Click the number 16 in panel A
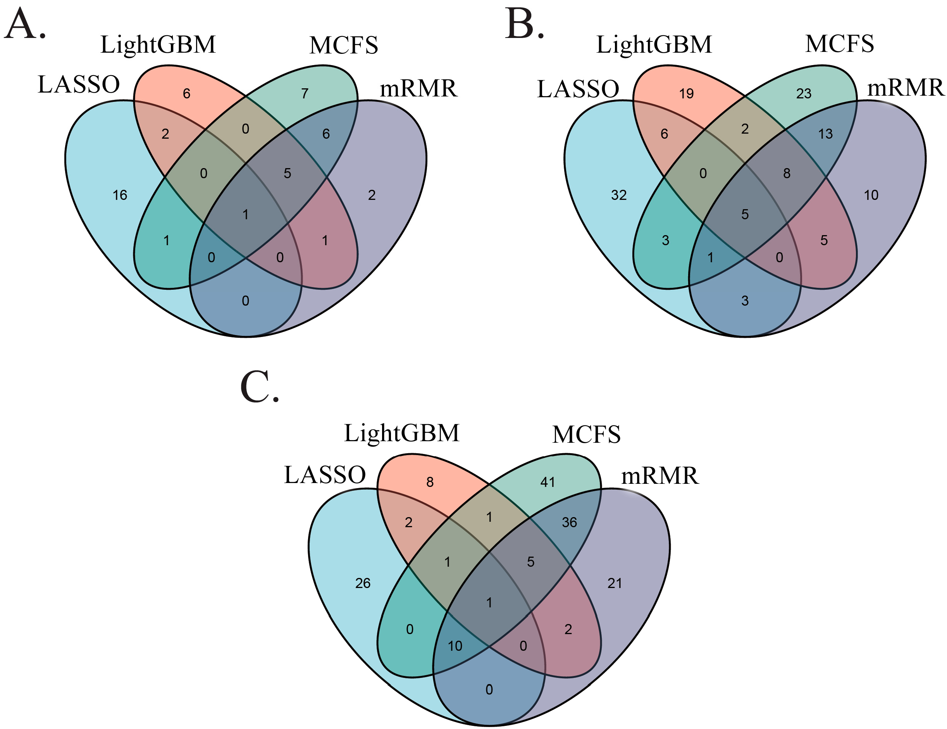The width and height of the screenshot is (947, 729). point(120,196)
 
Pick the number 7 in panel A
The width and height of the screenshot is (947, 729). point(305,94)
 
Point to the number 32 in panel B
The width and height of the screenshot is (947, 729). point(619,196)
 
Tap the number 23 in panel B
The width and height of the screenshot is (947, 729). point(804,94)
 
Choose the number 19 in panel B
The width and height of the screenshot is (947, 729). point(686,94)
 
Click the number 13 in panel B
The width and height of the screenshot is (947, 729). point(826,134)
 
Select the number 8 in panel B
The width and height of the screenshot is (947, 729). point(787,174)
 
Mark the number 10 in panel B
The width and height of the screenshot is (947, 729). point(871,196)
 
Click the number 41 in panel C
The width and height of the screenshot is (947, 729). point(548,482)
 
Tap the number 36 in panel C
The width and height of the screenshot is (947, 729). point(569,522)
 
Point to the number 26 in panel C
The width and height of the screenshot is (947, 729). point(363,583)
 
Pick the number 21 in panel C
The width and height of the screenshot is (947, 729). point(615,583)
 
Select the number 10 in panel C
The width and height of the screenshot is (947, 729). point(455,646)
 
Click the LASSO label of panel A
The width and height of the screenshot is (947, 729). point(79,84)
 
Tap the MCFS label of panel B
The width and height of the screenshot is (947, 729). point(839,44)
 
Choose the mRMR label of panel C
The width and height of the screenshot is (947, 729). point(660,476)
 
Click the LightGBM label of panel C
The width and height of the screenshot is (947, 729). point(401,433)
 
